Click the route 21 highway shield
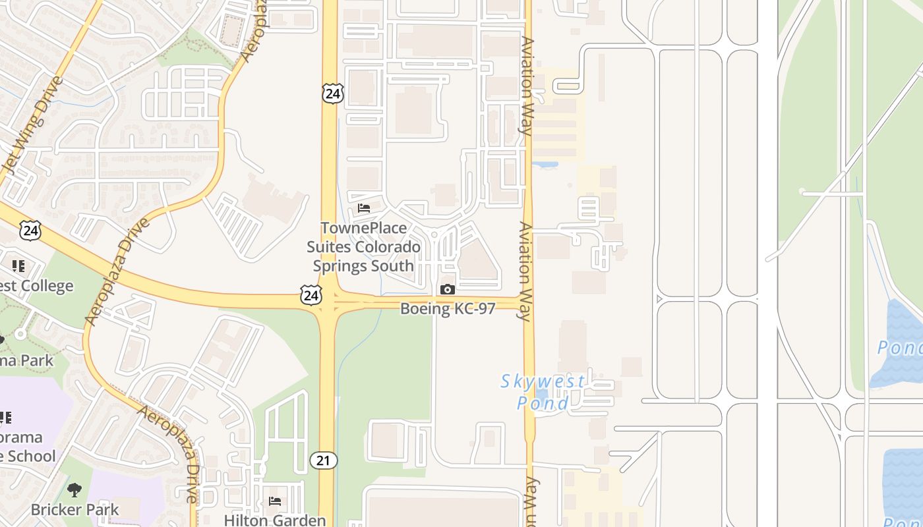click(x=323, y=460)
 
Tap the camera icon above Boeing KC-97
click(x=447, y=289)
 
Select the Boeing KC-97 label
click(x=447, y=308)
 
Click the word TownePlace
click(x=363, y=228)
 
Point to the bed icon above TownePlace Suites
click(x=363, y=208)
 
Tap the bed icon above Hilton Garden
click(x=275, y=501)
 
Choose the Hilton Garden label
click(x=275, y=520)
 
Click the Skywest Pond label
click(x=543, y=392)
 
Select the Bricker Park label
click(x=75, y=509)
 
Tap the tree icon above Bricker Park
click(x=74, y=490)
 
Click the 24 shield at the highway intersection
click(x=311, y=295)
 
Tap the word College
click(x=46, y=286)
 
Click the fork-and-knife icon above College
click(x=18, y=266)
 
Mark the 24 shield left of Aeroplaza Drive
click(x=30, y=231)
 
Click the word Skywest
click(x=542, y=381)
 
